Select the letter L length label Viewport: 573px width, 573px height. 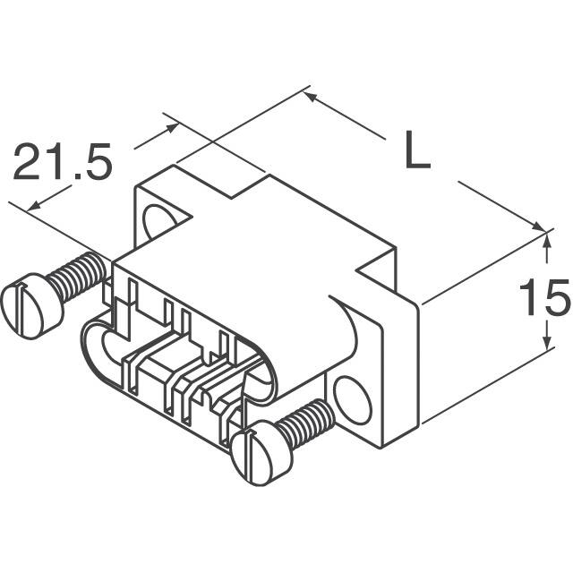coord(415,153)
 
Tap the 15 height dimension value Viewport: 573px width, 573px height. coord(544,298)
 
